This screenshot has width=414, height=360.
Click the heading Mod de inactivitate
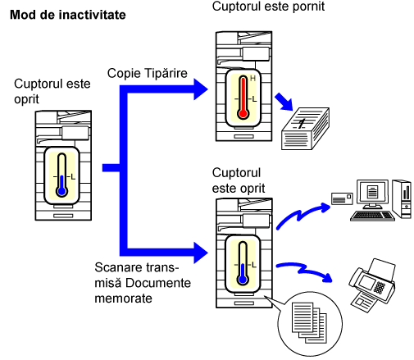(x=68, y=15)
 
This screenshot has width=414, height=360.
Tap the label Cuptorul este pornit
(x=268, y=7)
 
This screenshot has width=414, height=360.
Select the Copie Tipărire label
(x=148, y=73)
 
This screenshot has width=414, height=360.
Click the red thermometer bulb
(x=243, y=113)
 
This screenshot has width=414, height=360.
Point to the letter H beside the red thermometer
(x=252, y=79)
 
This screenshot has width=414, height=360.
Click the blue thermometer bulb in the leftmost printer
(x=61, y=191)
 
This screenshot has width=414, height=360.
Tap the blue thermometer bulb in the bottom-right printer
(x=243, y=280)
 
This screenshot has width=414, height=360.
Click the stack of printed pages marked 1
(x=305, y=129)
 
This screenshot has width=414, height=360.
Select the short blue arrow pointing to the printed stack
(x=284, y=102)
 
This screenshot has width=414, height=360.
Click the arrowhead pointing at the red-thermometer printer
(x=201, y=89)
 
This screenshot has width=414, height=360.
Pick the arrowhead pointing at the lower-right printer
(x=201, y=253)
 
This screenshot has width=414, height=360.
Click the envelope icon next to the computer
(x=342, y=198)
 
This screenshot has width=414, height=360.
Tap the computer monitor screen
(x=372, y=191)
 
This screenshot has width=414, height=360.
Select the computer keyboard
(x=373, y=216)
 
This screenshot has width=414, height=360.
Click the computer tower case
(x=402, y=198)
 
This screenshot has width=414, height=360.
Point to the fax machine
(x=372, y=285)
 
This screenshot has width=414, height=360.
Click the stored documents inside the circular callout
(x=309, y=322)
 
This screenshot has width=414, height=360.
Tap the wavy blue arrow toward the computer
(x=303, y=215)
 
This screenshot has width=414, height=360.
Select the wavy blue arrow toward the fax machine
(x=304, y=271)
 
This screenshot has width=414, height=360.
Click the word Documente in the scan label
(x=158, y=283)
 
